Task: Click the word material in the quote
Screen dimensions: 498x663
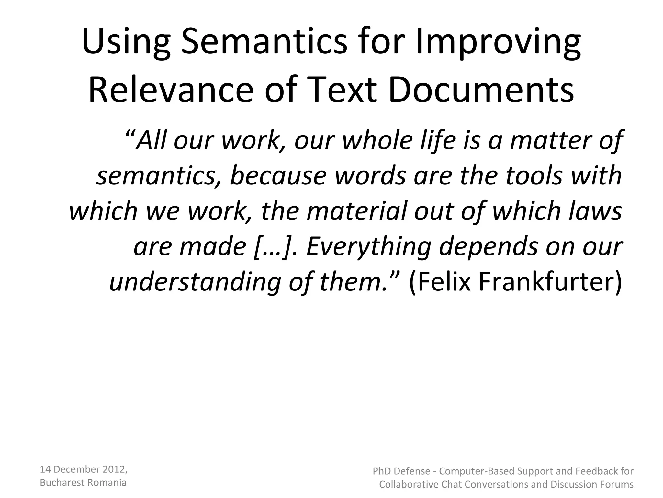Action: (x=356, y=210)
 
